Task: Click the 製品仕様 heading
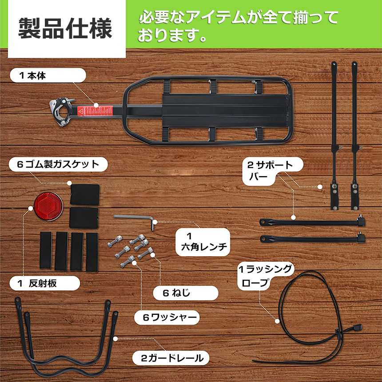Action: pos(65,28)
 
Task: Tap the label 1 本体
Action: pos(32,76)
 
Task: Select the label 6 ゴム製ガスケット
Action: pos(58,164)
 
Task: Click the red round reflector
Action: pos(48,206)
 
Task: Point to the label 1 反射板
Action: pos(37,283)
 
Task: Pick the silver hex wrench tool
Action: pos(134,220)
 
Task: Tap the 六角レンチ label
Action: pos(204,247)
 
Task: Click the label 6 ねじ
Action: pos(176,293)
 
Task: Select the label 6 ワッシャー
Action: pos(170,317)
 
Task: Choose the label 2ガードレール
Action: pos(172,358)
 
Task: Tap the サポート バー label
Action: pos(270,171)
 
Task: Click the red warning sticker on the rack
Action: pos(95,111)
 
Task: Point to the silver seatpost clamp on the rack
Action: pos(61,112)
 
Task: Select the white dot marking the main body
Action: pos(96,105)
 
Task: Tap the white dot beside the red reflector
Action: pos(31,208)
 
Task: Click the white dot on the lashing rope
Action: pos(277,321)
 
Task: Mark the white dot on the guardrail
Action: pos(115,339)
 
